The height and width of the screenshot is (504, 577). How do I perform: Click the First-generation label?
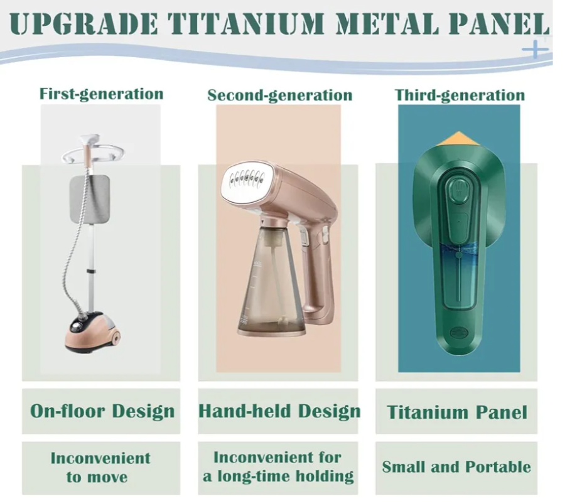(x=101, y=94)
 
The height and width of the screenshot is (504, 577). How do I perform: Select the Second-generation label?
(x=279, y=95)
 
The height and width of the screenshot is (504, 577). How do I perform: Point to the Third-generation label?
(x=460, y=95)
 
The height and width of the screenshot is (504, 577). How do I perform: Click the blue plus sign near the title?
(x=536, y=48)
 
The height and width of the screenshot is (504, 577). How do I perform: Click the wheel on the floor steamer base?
(x=115, y=337)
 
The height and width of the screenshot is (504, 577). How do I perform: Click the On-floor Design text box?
(x=101, y=411)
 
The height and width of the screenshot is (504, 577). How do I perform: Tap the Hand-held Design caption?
(x=279, y=412)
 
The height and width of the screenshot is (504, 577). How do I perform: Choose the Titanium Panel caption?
(x=457, y=412)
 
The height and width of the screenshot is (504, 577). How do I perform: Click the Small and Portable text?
(x=456, y=467)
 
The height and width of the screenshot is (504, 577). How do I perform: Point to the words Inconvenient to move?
(x=100, y=468)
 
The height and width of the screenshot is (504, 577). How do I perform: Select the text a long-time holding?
(x=278, y=476)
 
